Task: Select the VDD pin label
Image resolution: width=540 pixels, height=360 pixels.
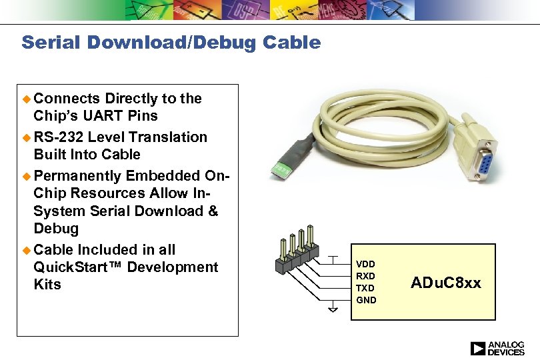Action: click(x=365, y=264)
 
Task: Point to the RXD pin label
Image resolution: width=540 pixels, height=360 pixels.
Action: click(x=365, y=276)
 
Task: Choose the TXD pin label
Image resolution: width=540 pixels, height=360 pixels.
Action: click(x=365, y=288)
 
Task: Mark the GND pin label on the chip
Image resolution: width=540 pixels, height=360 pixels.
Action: click(x=366, y=300)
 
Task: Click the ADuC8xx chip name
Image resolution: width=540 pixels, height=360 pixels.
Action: click(x=445, y=283)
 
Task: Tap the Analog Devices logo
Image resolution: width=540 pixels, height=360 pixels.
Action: click(x=497, y=348)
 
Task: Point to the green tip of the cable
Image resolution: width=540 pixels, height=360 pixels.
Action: click(x=283, y=170)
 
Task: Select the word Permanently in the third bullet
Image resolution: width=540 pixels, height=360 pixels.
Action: click(x=77, y=176)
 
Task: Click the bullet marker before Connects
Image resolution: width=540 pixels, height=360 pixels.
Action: click(x=27, y=99)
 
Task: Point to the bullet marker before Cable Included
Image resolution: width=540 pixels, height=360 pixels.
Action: click(x=27, y=250)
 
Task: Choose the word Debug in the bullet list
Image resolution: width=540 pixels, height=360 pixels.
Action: click(x=56, y=229)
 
